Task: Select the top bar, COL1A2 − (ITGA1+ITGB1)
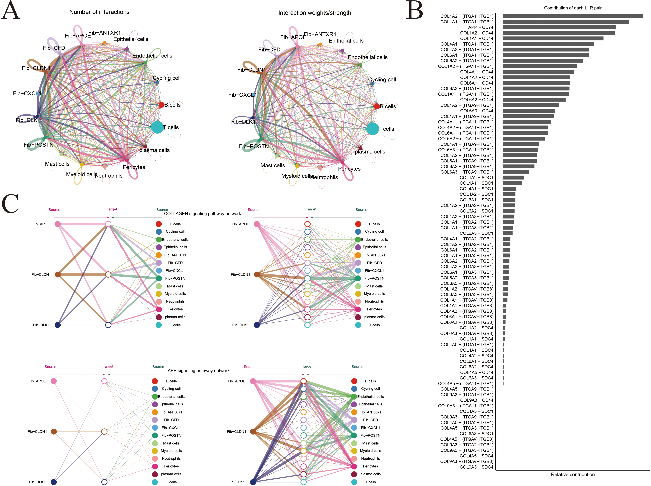572,16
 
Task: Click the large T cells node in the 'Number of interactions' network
157,127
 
